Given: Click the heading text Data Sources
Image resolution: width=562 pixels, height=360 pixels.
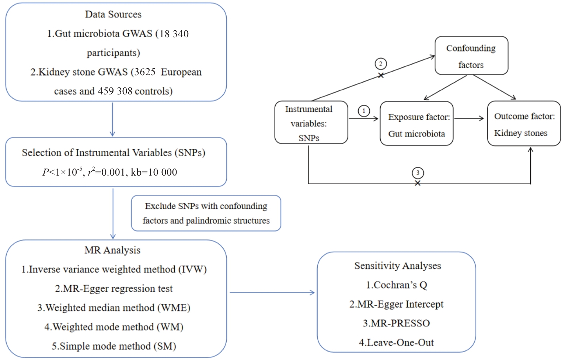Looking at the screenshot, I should tap(113, 14).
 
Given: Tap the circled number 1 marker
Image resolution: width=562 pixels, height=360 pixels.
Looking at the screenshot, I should tap(364, 111).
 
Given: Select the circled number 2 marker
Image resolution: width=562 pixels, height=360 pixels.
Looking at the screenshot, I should tap(381, 64).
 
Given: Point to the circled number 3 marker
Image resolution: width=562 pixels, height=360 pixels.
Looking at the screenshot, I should tap(418, 173).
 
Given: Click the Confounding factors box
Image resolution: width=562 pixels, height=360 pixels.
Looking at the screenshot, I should tap(471, 56).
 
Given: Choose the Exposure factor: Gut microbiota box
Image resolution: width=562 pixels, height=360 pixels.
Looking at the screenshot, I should tap(416, 124).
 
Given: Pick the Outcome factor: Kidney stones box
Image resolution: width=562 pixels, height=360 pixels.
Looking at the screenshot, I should tap(524, 124).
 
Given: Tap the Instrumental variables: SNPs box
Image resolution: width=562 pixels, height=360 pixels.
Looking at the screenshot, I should tap(311, 122).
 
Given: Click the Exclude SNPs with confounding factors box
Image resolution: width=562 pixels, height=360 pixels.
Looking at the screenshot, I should tap(206, 213).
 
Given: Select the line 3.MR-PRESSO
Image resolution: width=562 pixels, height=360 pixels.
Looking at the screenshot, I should tap(396, 323).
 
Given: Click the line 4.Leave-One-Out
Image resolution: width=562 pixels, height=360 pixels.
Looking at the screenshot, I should tap(396, 343).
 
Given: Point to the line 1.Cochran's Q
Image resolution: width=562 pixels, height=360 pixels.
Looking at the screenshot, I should tap(397, 285).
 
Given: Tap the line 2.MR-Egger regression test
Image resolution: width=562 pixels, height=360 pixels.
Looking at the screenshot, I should tap(114, 289).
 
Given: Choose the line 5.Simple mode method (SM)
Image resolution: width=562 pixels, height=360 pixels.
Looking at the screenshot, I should tap(114, 346).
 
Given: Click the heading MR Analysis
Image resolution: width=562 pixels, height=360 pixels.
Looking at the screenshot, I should tap(112, 250).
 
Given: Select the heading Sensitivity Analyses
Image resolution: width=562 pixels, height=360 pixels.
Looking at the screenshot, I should tap(398, 266).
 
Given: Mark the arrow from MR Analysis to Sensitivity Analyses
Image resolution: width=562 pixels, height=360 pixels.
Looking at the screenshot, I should tap(272, 292).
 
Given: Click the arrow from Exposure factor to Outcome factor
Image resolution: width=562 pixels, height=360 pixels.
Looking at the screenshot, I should tap(469, 118).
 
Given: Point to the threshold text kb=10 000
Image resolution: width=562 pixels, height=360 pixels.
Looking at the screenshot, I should tap(154, 172).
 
